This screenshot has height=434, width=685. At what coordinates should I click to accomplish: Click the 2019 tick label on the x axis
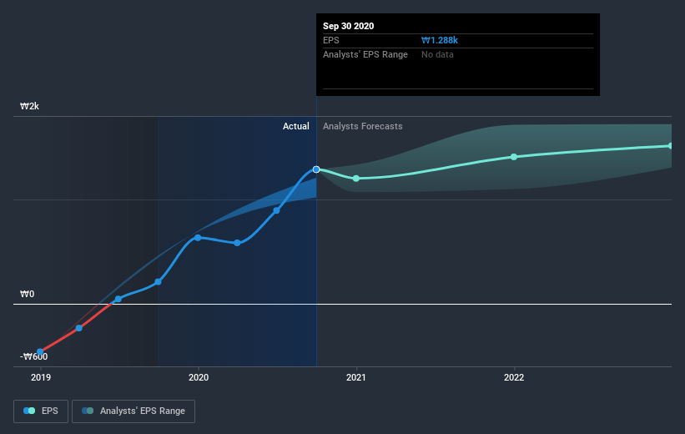pos(40,377)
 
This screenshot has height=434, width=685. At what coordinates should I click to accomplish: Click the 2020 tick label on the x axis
pos(199,377)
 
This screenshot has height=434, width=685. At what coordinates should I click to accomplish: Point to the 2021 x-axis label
pos(356,377)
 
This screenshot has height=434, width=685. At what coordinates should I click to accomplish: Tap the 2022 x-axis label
pos(514,377)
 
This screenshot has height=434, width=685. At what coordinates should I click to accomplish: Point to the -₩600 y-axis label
pos(35,357)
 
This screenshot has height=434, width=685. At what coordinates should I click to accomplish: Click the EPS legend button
pos(42,411)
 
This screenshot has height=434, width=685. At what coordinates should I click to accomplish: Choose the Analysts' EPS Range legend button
pos(133,411)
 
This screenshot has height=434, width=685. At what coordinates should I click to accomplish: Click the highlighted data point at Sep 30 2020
pos(316,169)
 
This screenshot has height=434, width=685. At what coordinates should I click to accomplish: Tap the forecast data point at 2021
pos(356,179)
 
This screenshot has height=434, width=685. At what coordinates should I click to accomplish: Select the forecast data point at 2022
pos(514,157)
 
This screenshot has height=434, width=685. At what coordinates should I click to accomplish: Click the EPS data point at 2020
pos(198,238)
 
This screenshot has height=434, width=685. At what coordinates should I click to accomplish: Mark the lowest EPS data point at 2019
pos(39,352)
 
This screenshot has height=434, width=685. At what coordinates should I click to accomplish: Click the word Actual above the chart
pos(295,127)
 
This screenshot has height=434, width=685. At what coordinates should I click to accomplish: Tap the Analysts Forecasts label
pos(362,127)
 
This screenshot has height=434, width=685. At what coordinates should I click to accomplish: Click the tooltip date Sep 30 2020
pos(349,26)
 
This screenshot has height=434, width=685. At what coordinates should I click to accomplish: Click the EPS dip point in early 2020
pos(237,243)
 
